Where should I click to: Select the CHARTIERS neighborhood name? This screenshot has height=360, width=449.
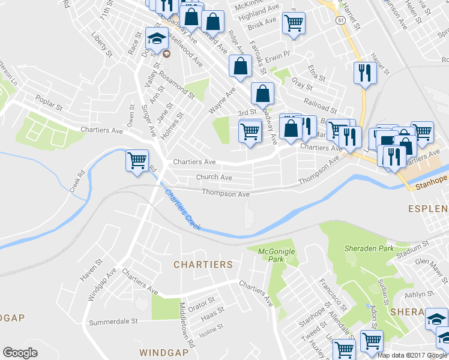point(203,265)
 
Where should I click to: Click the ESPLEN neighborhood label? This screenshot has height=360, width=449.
point(429,209)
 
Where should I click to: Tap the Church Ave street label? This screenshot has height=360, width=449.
point(214,178)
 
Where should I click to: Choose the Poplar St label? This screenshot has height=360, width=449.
point(49,103)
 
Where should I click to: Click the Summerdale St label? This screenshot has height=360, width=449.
point(113,322)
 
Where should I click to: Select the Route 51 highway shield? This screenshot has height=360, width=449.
point(340,20)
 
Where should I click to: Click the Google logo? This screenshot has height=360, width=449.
point(20,353)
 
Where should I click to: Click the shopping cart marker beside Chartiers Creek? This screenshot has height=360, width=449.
point(137,160)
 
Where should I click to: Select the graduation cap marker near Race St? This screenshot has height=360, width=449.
point(157,40)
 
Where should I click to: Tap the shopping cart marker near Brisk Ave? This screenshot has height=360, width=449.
point(294,23)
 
